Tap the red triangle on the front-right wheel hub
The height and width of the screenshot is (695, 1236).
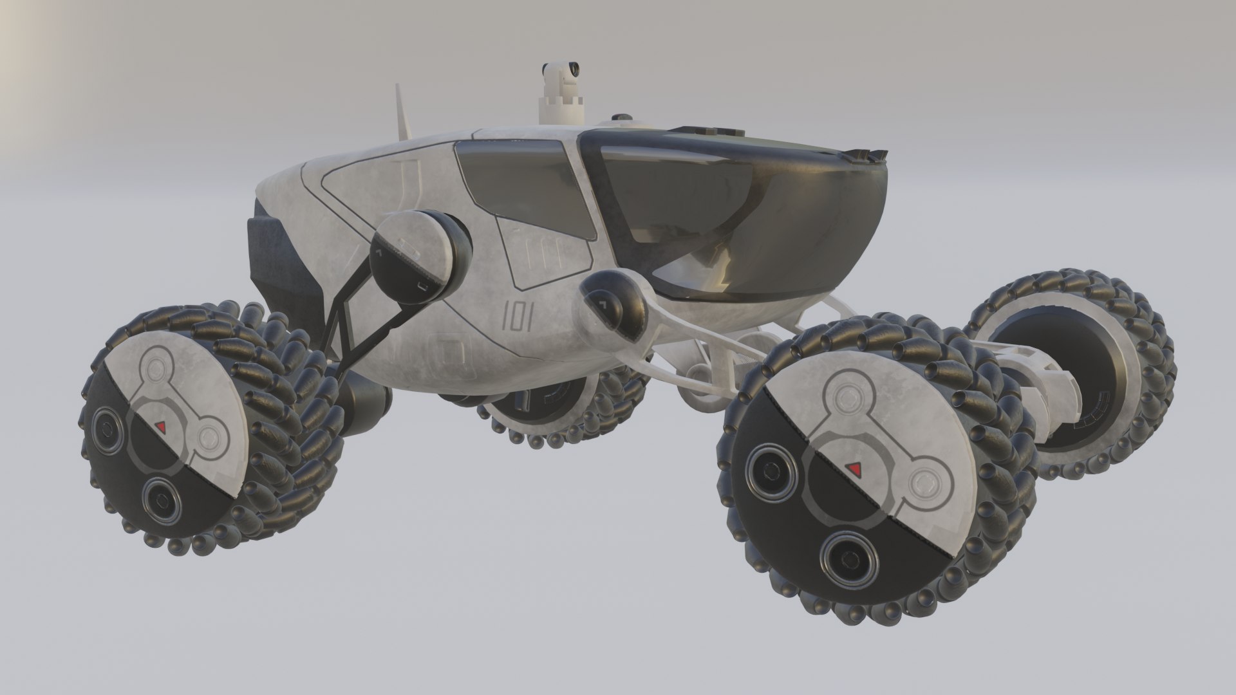tap(855, 467)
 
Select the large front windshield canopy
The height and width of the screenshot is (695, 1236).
tap(740, 206)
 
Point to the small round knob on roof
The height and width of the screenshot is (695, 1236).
tap(621, 118)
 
